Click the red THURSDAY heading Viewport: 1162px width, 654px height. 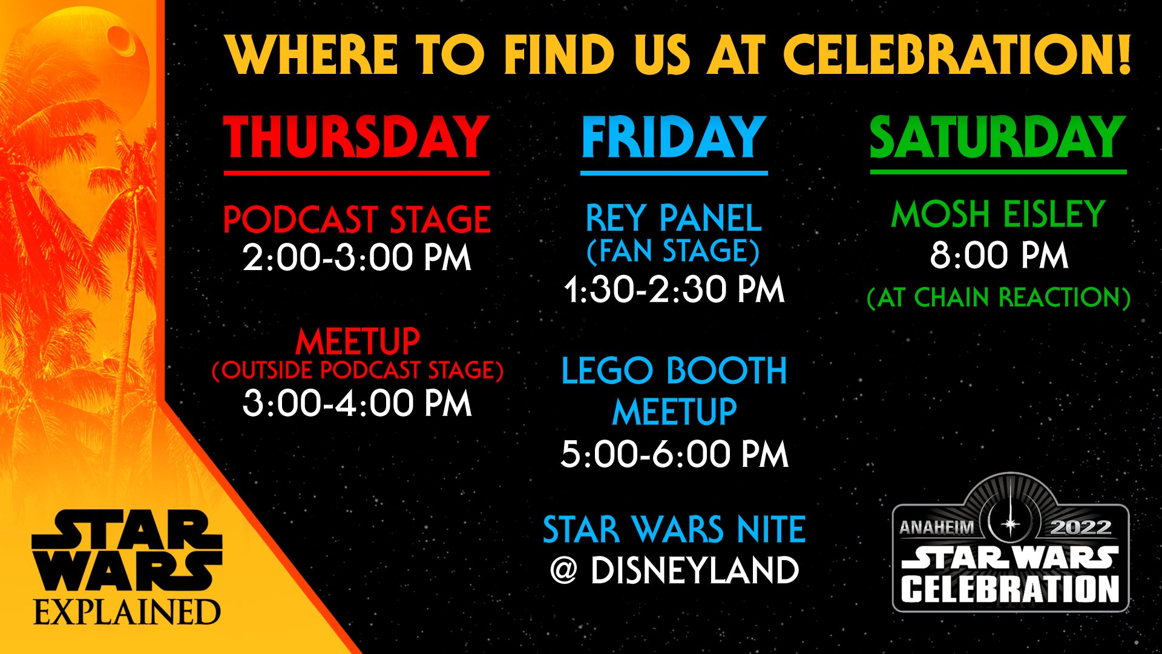pos(356,137)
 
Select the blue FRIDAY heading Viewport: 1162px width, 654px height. pos(674,137)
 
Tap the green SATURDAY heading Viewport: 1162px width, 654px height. pos(997,137)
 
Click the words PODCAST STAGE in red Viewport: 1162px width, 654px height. pos(356,219)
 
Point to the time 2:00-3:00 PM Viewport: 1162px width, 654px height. pos(356,258)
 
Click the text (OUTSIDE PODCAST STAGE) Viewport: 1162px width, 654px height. pos(357,370)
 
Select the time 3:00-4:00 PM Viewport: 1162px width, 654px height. pos(357,403)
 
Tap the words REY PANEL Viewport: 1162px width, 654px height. pos(674,219)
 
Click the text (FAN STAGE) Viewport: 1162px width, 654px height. pos(673,251)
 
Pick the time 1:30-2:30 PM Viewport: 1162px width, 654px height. pos(674,289)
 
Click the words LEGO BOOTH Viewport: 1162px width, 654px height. pos(674,371)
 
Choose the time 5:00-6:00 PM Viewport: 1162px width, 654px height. pos(674,454)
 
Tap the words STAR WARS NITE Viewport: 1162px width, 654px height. pos(674,530)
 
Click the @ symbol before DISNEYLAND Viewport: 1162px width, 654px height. pos(563,570)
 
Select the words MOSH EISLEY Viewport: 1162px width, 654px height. pos(998,214)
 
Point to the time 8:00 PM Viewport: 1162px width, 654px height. pos(999,256)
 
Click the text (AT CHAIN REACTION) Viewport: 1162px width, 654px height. pos(999,297)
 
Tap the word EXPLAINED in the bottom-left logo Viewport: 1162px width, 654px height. pos(126,612)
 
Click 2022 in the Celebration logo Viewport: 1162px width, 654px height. pos(1081,527)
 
